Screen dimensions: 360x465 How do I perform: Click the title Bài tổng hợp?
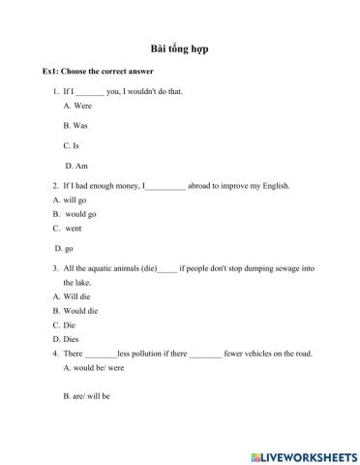click(x=180, y=48)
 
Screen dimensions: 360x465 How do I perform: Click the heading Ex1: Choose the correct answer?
click(x=98, y=73)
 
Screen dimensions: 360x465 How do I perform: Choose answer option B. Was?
click(x=75, y=126)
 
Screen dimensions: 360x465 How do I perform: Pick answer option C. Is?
click(x=71, y=145)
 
